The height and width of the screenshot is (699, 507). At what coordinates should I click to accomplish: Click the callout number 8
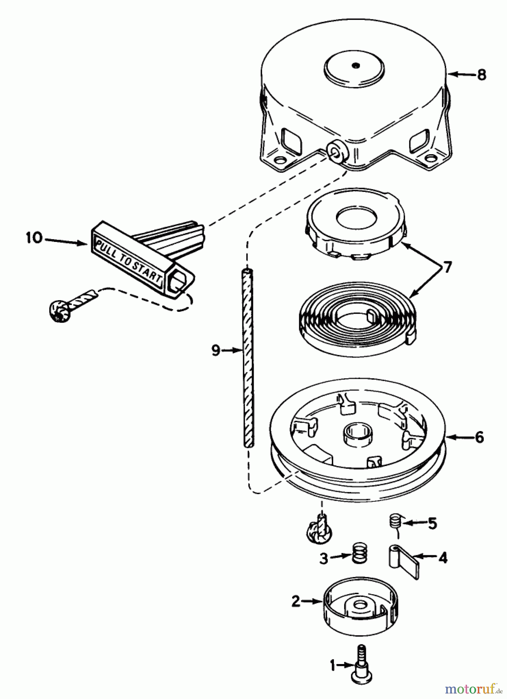coord(481,74)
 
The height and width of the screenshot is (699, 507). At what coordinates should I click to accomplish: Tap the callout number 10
coord(34,238)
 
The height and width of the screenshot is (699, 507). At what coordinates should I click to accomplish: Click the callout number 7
coord(447,268)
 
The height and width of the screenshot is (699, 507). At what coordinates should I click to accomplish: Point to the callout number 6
coord(479,437)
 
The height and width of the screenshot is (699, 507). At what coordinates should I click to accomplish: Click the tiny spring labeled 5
coord(395,520)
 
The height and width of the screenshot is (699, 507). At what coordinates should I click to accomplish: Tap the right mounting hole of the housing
coord(430,158)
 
